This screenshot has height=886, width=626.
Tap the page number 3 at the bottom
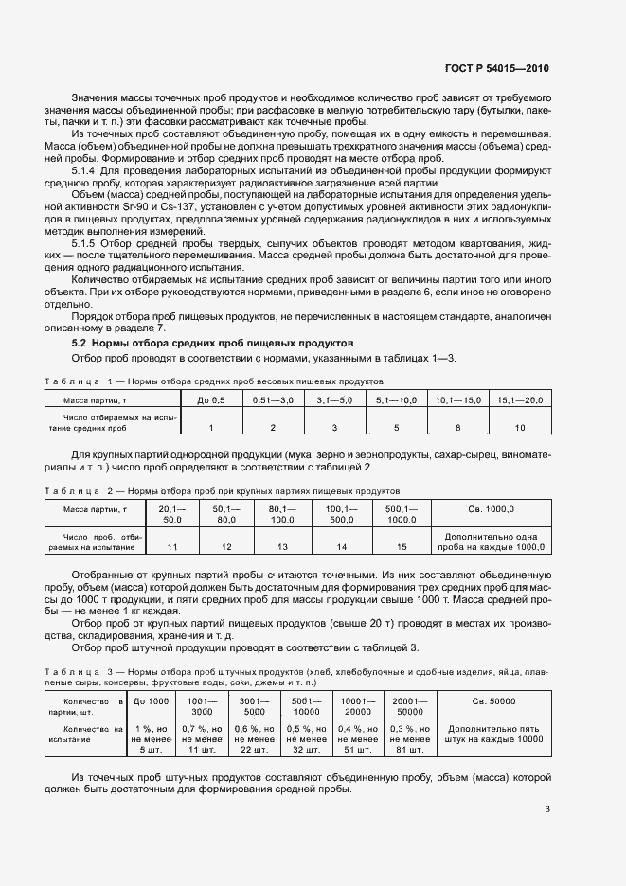547,808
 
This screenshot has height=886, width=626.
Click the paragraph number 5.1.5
90,242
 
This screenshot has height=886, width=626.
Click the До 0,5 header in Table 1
211,401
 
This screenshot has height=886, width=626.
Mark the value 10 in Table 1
520,428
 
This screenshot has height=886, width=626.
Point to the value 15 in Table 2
402,547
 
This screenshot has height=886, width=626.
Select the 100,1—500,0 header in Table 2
342,514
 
